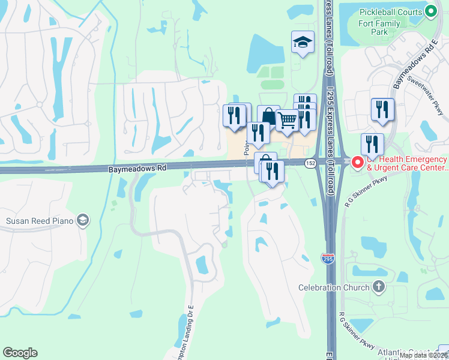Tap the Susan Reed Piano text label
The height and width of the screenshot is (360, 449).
pyautogui.click(x=40, y=221)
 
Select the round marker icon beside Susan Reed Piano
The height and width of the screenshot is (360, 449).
pyautogui.click(x=83, y=221)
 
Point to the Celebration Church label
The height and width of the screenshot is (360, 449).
pyautogui.click(x=334, y=287)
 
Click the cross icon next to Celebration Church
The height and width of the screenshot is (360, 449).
pyautogui.click(x=378, y=287)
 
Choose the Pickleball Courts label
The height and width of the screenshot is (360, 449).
pyautogui.click(x=390, y=12)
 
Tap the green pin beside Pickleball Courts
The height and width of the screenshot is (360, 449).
pyautogui.click(x=430, y=11)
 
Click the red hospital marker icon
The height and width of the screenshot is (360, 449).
pyautogui.click(x=357, y=163)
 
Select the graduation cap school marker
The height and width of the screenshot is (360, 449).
pyautogui.click(x=303, y=42)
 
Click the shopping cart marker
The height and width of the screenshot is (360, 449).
pyautogui.click(x=288, y=120)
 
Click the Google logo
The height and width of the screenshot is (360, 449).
pyautogui.click(x=20, y=353)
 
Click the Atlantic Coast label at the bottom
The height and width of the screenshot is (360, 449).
pyautogui.click(x=415, y=353)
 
